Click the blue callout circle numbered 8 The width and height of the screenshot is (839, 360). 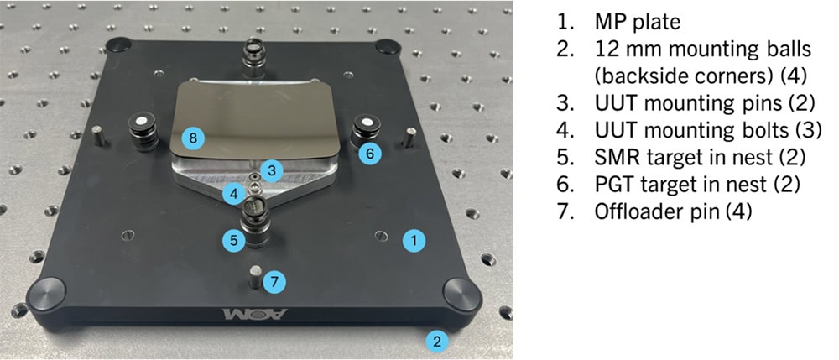(x=193, y=137)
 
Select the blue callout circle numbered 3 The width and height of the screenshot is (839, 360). (x=269, y=170)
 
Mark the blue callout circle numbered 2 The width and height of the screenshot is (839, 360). (x=435, y=342)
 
